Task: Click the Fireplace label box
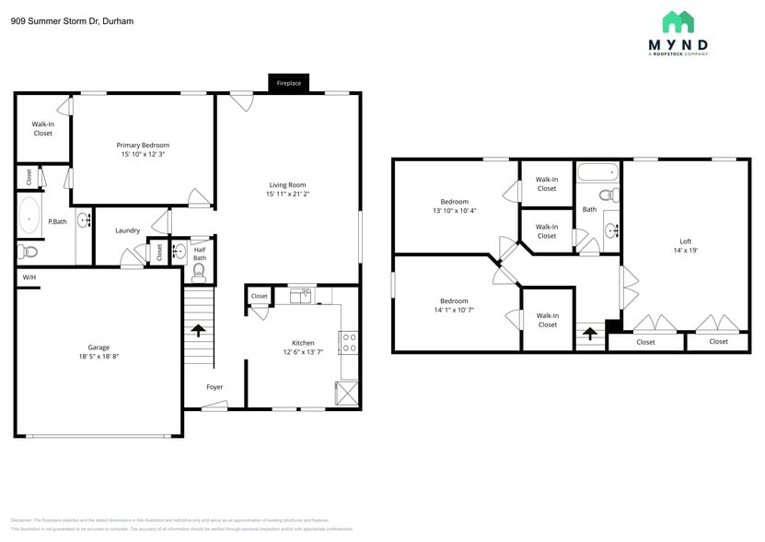click(x=289, y=83)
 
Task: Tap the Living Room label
click(x=287, y=184)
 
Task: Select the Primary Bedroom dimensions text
click(x=143, y=154)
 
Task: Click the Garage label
click(x=99, y=347)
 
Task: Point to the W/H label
click(x=29, y=277)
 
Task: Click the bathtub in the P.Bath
click(x=29, y=218)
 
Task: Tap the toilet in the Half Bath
click(x=199, y=274)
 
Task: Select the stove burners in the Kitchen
click(x=349, y=343)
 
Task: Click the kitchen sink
click(x=301, y=296)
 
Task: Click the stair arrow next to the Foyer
click(x=198, y=330)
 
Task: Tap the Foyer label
click(x=214, y=387)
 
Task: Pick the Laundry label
click(x=127, y=230)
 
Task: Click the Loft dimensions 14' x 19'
click(x=685, y=251)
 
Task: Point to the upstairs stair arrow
click(x=589, y=333)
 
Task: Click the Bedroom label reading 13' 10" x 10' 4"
click(x=454, y=211)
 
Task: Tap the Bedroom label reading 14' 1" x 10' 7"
click(x=454, y=311)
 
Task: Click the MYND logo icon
click(x=678, y=22)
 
